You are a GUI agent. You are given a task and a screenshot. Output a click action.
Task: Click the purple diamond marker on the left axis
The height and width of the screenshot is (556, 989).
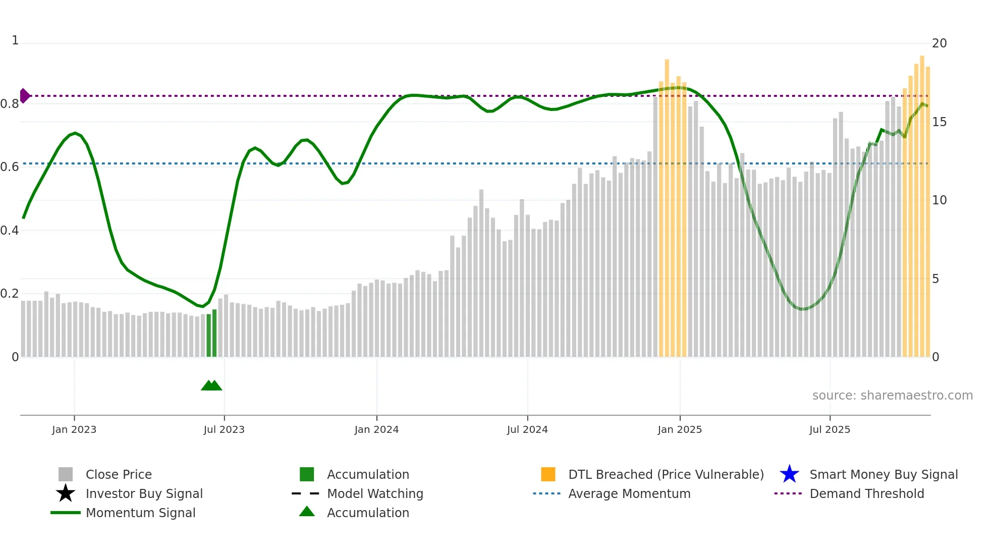tap(25, 95)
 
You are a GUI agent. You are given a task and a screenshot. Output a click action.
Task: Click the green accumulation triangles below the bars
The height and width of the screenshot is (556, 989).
tap(211, 385)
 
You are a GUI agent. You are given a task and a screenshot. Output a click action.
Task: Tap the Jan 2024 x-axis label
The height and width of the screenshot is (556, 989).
tap(376, 429)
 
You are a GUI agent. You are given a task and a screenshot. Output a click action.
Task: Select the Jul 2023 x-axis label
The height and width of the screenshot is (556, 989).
tap(224, 429)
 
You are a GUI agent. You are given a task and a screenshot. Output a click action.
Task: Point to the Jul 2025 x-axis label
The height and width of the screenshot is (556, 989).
tap(830, 429)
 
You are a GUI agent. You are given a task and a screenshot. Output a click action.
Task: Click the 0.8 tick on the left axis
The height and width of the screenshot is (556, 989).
tap(10, 104)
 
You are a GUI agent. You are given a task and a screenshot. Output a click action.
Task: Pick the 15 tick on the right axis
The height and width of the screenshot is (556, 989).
tap(939, 122)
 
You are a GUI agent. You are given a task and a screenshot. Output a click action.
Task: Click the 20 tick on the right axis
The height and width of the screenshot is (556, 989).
tap(939, 43)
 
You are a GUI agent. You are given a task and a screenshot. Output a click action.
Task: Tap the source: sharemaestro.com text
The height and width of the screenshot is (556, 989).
tap(892, 396)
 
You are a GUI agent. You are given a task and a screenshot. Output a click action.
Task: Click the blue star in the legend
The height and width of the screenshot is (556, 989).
tap(789, 474)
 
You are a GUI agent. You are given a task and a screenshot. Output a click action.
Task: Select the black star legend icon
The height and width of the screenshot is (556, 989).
tap(66, 493)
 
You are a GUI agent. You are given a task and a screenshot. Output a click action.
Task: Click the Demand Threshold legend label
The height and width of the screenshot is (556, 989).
tap(866, 493)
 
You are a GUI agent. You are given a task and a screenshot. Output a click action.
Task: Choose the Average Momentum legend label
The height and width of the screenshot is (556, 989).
tap(629, 493)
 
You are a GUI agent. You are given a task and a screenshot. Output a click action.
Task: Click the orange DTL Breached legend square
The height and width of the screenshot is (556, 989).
tap(548, 474)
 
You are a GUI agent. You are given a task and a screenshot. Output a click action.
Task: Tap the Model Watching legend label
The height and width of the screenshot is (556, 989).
tap(375, 493)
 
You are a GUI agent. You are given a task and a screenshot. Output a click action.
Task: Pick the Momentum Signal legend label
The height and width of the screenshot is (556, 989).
tap(140, 513)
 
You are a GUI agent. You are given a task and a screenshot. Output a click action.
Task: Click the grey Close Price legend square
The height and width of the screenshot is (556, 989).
tap(66, 474)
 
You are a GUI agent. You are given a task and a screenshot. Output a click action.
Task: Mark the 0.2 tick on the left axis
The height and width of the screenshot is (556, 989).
tap(10, 294)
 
